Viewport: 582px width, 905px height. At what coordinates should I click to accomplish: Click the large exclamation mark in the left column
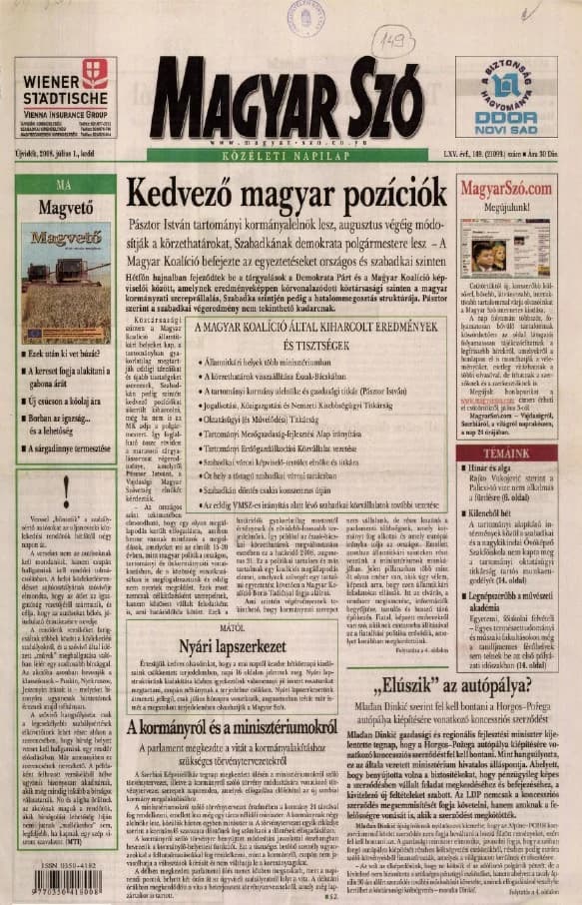click(65, 492)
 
